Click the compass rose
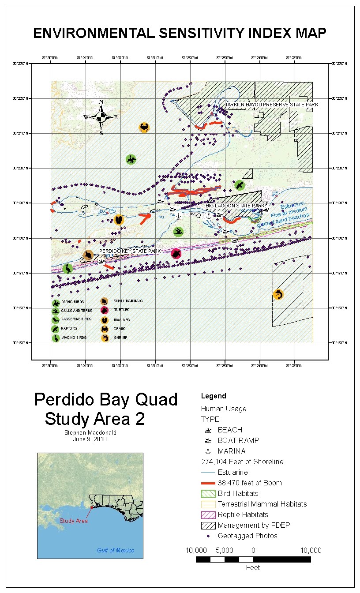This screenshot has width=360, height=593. point(101,117)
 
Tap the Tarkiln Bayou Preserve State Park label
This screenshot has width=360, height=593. point(272,105)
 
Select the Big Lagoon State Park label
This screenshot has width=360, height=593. point(235,206)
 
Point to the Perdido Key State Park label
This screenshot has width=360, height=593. point(130,251)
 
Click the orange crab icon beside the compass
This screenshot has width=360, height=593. point(144,128)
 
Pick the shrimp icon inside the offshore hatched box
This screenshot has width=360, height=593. point(278,294)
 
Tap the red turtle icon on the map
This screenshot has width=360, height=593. point(176,253)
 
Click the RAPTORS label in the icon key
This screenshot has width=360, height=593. point(69,329)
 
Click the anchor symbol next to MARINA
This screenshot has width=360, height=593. point(207,451)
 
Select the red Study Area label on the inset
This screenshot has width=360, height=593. point(74,521)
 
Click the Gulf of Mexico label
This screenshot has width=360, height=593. point(116,550)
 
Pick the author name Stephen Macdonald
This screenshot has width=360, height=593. point(90,433)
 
